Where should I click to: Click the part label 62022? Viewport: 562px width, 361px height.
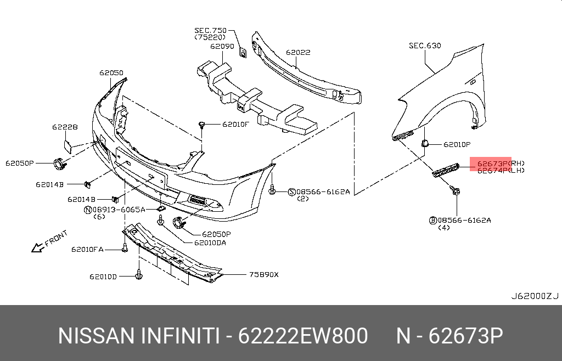click(x=298, y=53)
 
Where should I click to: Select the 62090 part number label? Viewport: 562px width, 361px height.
click(x=222, y=47)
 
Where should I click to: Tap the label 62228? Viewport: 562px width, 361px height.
click(x=65, y=127)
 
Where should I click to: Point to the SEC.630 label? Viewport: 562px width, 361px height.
click(x=425, y=46)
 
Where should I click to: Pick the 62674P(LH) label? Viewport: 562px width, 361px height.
click(x=500, y=171)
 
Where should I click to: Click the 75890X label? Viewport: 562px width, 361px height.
click(x=264, y=274)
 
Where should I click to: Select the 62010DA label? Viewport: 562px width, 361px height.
click(x=210, y=242)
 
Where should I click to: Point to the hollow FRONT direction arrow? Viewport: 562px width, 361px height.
click(x=37, y=247)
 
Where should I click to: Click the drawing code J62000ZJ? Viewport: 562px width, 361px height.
click(x=535, y=296)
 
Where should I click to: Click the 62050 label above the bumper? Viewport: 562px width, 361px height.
click(x=111, y=72)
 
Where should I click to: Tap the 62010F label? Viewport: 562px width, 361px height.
click(x=236, y=124)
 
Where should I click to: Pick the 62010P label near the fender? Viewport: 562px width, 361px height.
click(x=457, y=145)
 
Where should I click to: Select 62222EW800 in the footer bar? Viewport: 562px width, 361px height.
click(x=303, y=336)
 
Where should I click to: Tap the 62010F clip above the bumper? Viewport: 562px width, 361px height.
click(x=203, y=125)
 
